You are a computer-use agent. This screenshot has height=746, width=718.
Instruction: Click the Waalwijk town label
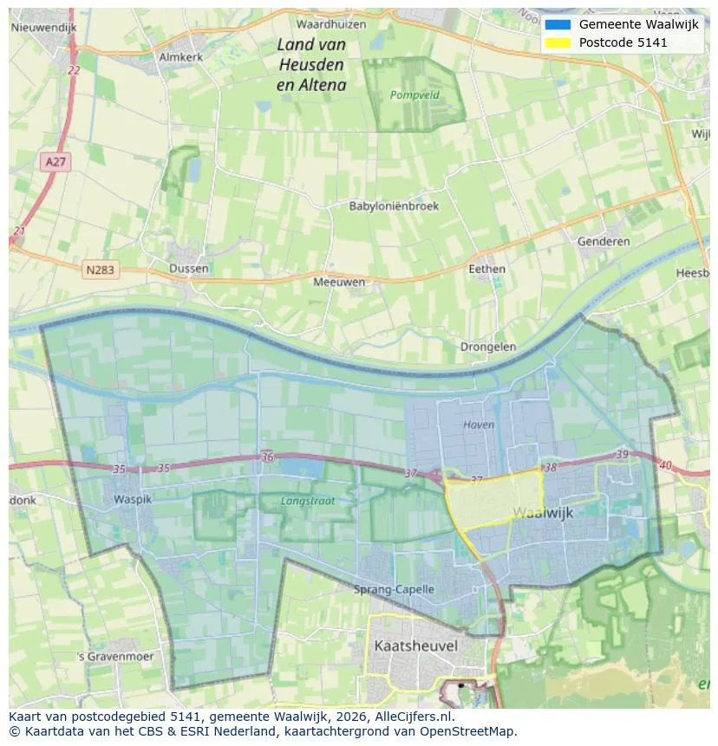tap(542, 512)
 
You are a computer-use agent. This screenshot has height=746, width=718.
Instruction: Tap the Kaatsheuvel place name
tap(415, 645)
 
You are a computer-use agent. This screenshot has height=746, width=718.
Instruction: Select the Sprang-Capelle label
tap(395, 589)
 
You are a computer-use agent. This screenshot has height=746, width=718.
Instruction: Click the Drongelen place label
tap(488, 347)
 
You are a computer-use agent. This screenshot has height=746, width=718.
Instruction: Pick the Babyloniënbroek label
tap(394, 206)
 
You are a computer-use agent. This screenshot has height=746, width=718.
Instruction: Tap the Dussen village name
tap(189, 269)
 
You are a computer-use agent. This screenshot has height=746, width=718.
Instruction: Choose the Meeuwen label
tap(339, 282)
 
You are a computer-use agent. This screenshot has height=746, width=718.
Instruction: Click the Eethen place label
tap(486, 269)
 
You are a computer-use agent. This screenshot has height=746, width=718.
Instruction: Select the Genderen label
tap(604, 241)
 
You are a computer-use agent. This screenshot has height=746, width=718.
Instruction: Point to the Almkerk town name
tap(180, 57)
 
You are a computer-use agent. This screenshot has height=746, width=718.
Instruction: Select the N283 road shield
tap(101, 270)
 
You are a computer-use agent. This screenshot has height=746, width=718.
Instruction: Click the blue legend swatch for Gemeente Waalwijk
tap(558, 24)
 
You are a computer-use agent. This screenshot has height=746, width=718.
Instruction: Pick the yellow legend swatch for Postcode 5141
tap(558, 42)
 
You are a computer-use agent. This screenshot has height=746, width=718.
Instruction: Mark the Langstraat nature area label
tap(307, 501)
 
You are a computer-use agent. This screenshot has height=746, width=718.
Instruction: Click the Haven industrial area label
tap(478, 425)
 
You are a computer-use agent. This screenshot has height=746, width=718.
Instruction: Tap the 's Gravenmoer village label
tap(114, 656)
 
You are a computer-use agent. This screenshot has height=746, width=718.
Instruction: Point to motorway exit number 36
tap(267, 457)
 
